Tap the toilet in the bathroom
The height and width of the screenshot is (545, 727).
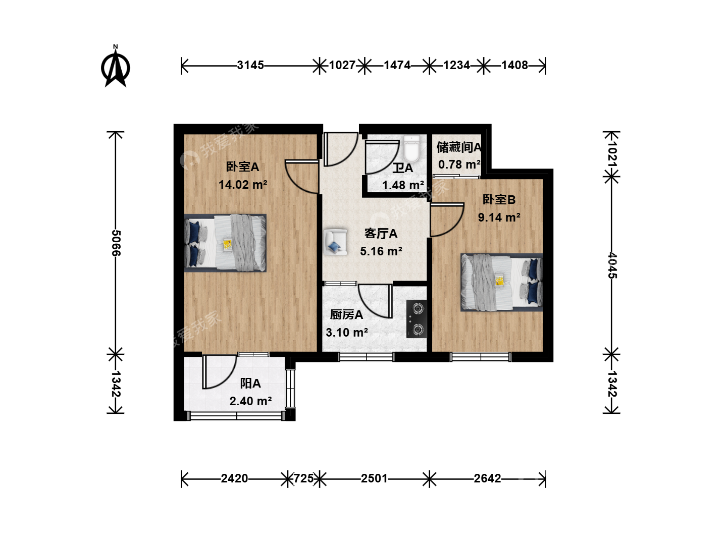pyautogui.click(x=411, y=148)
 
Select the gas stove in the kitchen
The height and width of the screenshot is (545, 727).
pyautogui.click(x=417, y=319)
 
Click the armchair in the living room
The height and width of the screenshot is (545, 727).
pyautogui.click(x=336, y=242)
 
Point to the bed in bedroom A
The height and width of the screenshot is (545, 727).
pyautogui.click(x=225, y=243)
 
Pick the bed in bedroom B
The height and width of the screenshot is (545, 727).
pyautogui.click(x=501, y=282)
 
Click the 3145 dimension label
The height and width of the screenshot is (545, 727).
pyautogui.click(x=250, y=65)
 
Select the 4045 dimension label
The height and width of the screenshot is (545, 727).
pyautogui.click(x=612, y=265)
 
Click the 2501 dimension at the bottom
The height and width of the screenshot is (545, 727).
pyautogui.click(x=374, y=478)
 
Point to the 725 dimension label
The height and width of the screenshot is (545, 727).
pyautogui.click(x=304, y=478)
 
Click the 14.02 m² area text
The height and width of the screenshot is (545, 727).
pyautogui.click(x=243, y=185)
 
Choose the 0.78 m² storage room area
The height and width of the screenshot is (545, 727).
pyautogui.click(x=459, y=165)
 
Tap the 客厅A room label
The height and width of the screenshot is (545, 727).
pyautogui.click(x=381, y=234)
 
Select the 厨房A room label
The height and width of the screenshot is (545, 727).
pyautogui.click(x=346, y=315)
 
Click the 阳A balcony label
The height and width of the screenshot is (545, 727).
pyautogui.click(x=250, y=384)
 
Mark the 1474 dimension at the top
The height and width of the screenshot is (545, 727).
pyautogui.click(x=397, y=65)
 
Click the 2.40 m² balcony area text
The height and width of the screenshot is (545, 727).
pyautogui.click(x=251, y=401)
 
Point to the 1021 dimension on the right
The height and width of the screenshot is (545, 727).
pyautogui.click(x=612, y=155)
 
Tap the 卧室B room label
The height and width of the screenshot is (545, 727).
pyautogui.click(x=499, y=199)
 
